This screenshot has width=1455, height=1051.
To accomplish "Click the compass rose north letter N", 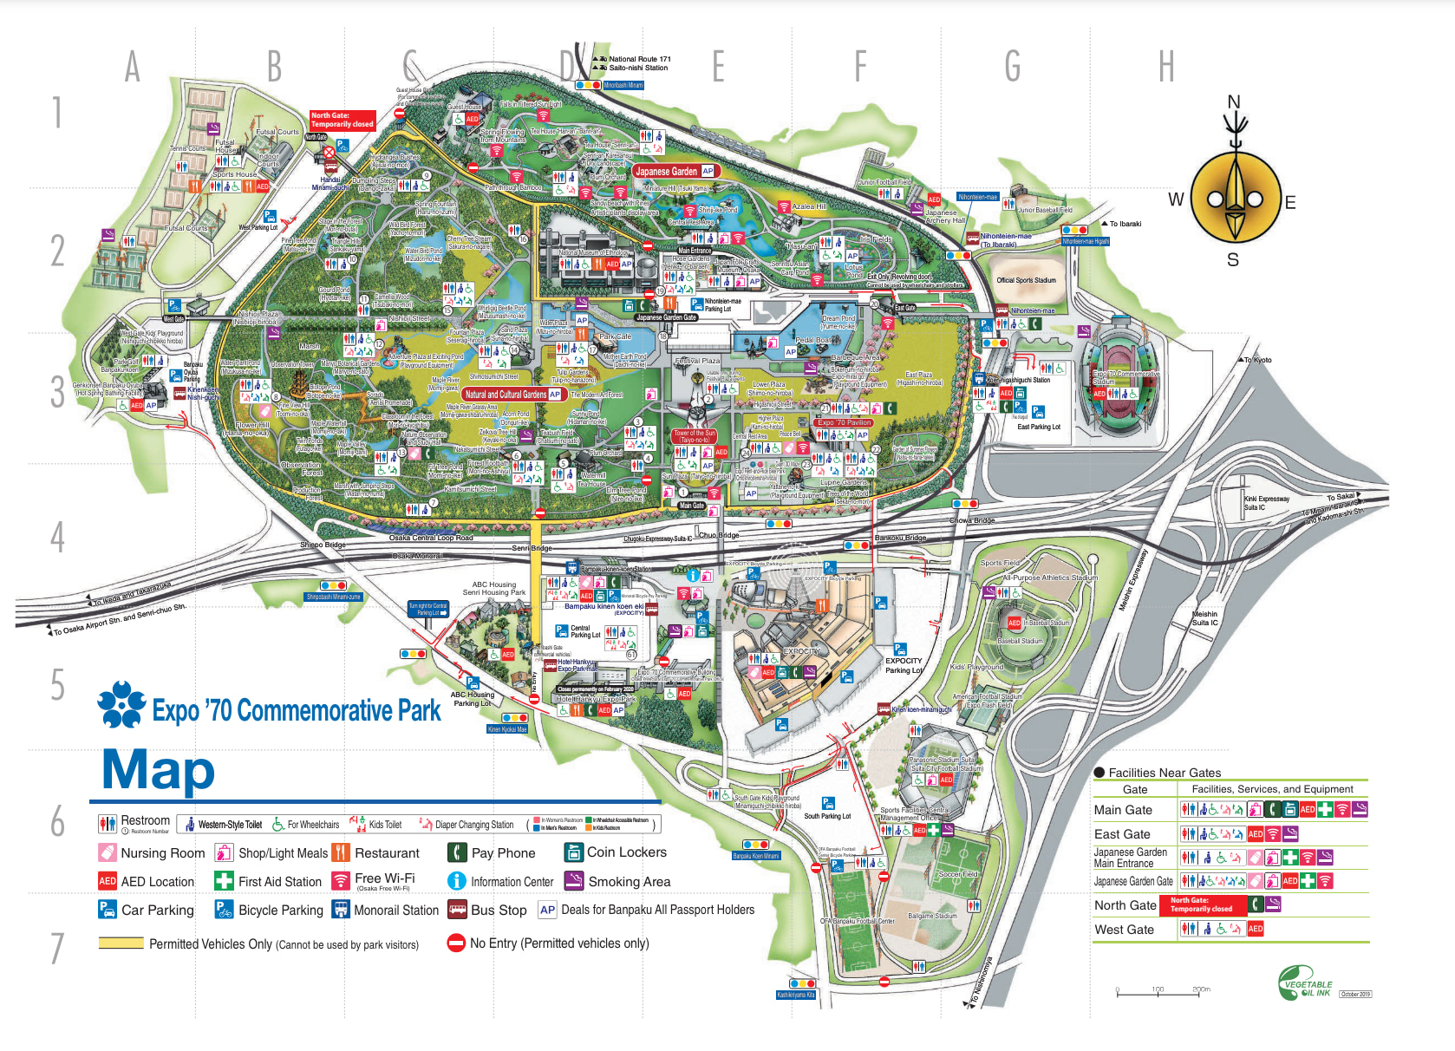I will coord(1233,101).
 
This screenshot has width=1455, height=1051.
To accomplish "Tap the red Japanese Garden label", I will coord(667,171).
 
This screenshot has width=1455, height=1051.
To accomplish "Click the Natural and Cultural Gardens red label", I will coord(506,395).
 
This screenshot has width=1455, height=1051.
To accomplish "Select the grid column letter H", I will coord(1166,67).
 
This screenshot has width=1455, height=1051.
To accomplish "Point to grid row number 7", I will coord(57,948).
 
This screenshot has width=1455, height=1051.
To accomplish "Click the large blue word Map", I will coord(159,770).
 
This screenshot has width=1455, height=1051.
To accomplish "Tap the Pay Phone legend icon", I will coord(457,852).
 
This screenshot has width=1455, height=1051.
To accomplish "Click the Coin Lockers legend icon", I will coord(573,852).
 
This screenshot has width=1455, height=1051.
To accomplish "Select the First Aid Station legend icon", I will coord(224,881).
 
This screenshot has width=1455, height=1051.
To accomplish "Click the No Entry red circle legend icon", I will coord(456,943).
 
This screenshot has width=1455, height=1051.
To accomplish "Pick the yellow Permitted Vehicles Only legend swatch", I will coord(121,943).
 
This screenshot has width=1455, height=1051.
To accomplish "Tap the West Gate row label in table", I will coord(1124,930).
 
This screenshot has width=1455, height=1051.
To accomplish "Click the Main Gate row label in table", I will coord(1123,810).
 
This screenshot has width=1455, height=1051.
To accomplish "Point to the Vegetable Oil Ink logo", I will coord(1305,984).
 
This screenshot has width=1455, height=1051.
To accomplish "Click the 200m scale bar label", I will coord(1201,989).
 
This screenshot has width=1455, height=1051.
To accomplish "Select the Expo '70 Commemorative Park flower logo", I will coord(121,703).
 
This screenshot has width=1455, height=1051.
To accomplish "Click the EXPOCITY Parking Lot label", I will coord(904,665).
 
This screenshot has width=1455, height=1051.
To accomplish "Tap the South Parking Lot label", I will coord(827,816).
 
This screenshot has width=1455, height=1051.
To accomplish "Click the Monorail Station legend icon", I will coord(341,910).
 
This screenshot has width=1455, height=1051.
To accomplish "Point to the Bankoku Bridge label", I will coord(900,538).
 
